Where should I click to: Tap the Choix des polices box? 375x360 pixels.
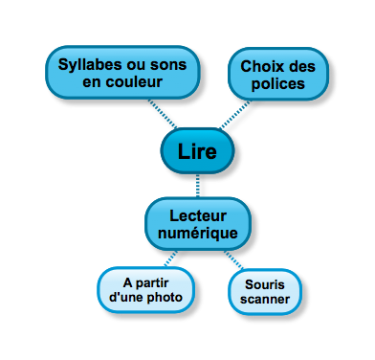[277, 74]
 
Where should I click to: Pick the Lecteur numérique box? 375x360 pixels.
[198, 223]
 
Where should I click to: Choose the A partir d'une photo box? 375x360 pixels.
[145, 290]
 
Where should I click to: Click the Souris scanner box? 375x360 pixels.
[265, 293]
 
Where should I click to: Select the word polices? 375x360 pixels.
[278, 83]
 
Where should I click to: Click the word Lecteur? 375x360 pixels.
[198, 214]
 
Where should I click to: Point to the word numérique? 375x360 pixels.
[198, 233]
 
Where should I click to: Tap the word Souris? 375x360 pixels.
[265, 284]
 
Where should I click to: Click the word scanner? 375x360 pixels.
[265, 302]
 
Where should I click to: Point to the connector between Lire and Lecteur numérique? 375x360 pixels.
[197, 185]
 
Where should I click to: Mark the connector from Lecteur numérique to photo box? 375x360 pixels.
[169, 258]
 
